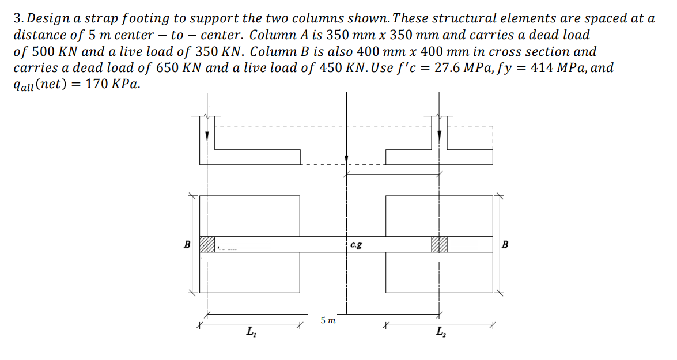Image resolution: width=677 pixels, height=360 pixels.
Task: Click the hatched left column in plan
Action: pos(207,244)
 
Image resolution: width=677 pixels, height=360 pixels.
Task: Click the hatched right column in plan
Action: pos(439,244)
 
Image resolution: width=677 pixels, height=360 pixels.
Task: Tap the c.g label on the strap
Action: pos(356,245)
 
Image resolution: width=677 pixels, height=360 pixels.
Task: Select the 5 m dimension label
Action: pos(328,320)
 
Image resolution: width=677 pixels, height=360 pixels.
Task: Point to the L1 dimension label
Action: pos(251,332)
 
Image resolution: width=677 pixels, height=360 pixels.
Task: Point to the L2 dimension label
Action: pos(441,332)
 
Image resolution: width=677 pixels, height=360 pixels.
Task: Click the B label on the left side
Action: pos(187,244)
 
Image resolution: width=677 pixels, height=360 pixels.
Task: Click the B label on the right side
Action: pos(505,244)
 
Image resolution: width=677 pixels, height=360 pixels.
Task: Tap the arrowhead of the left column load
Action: pos(207,136)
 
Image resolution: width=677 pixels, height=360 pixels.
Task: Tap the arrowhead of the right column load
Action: pos(439,136)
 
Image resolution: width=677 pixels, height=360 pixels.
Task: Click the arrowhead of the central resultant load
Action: pos(346,160)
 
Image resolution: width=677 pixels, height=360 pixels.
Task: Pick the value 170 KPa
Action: pos(113,84)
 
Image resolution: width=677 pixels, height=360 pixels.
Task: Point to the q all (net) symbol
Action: pos(40,84)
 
